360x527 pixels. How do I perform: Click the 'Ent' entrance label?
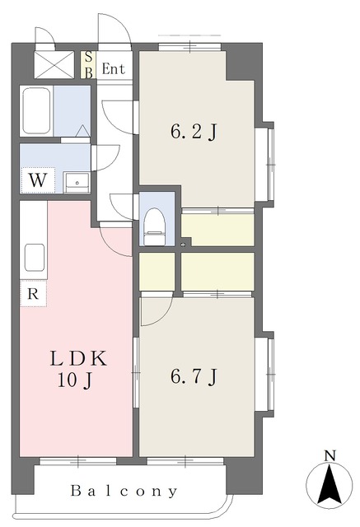click(114, 69)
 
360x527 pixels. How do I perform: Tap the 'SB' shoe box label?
click(88, 65)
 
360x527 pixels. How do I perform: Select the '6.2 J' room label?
click(194, 132)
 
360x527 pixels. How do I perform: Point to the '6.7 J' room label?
click(194, 377)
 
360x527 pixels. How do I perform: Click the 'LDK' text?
click(78, 358)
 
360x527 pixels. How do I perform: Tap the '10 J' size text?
click(75, 380)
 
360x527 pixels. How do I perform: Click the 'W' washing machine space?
click(37, 180)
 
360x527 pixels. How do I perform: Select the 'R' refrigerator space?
click(33, 294)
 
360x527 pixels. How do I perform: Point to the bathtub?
click(36, 111)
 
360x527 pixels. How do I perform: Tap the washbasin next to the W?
click(77, 183)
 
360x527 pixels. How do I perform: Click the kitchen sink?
click(35, 258)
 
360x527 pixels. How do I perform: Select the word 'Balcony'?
click(124, 492)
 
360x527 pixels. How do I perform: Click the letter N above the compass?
click(330, 456)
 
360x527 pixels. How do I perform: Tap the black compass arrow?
click(330, 484)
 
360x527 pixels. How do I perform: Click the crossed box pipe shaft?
click(54, 65)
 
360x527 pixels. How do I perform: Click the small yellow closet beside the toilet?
click(157, 272)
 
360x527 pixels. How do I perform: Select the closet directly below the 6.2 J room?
click(217, 230)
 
